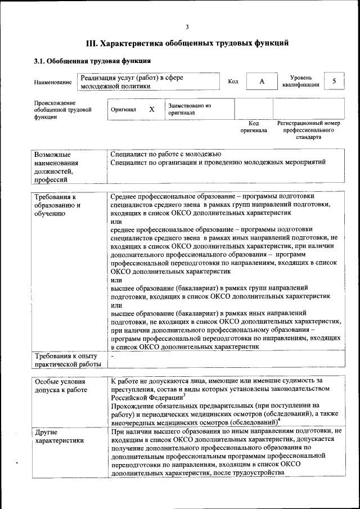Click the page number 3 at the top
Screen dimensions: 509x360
point(187,26)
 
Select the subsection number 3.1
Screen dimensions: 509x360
point(40,61)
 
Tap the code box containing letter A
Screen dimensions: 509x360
point(262,82)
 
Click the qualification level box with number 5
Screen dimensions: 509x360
point(334,81)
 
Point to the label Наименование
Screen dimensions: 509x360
point(52,82)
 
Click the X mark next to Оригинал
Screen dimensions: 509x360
point(151,109)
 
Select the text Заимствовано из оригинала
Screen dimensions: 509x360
point(189,109)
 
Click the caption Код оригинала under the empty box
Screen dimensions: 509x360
point(254,127)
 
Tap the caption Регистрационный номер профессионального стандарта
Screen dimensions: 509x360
point(308,130)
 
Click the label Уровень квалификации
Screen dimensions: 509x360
point(301,81)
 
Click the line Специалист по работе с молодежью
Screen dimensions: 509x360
point(166,154)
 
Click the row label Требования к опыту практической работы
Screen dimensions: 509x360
point(66,359)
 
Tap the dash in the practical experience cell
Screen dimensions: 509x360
point(112,355)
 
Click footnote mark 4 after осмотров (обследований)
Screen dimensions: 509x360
point(279,420)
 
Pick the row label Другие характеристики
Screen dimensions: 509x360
point(59,436)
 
